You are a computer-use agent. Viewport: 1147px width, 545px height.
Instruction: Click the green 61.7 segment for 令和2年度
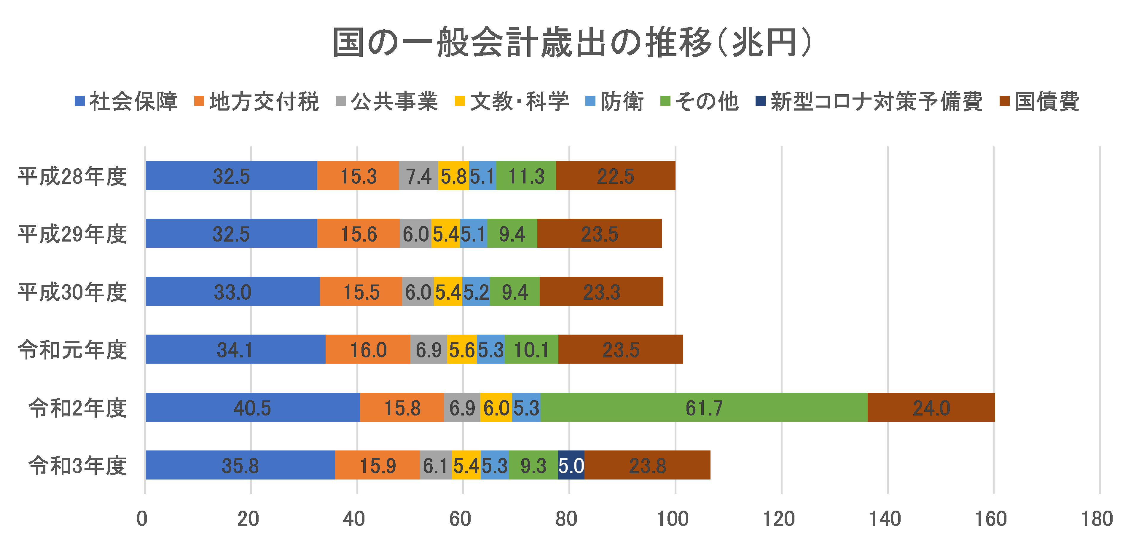tap(703, 407)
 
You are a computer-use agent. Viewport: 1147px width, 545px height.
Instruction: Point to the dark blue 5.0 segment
tap(571, 465)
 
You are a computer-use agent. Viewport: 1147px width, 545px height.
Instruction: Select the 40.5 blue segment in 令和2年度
tap(252, 407)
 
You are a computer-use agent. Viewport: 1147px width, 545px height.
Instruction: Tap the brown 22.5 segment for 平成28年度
tap(615, 176)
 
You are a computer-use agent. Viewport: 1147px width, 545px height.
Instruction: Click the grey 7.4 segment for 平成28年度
tap(418, 176)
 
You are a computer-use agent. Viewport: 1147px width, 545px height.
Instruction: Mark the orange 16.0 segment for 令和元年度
tap(368, 349)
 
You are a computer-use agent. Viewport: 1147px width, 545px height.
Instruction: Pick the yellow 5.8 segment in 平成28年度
tap(453, 176)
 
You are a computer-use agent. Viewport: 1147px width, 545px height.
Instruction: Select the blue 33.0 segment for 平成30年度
tap(232, 291)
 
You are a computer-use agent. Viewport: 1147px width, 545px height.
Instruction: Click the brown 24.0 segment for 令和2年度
tap(931, 407)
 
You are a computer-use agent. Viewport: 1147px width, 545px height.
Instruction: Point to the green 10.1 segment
tap(531, 349)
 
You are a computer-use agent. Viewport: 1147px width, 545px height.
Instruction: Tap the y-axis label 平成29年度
tap(72, 234)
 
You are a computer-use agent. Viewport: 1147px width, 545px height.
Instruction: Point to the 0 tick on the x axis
tap(142, 519)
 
